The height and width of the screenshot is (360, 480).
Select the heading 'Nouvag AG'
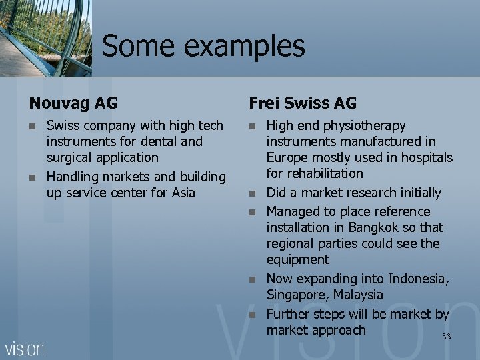73,103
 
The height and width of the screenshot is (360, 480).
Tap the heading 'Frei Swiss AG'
303,103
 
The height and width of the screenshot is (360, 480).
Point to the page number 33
446,337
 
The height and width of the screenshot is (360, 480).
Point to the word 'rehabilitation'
315,174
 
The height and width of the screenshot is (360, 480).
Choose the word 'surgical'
70,158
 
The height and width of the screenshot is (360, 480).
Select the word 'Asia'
182,193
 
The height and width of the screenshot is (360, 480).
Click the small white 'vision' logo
25,348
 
